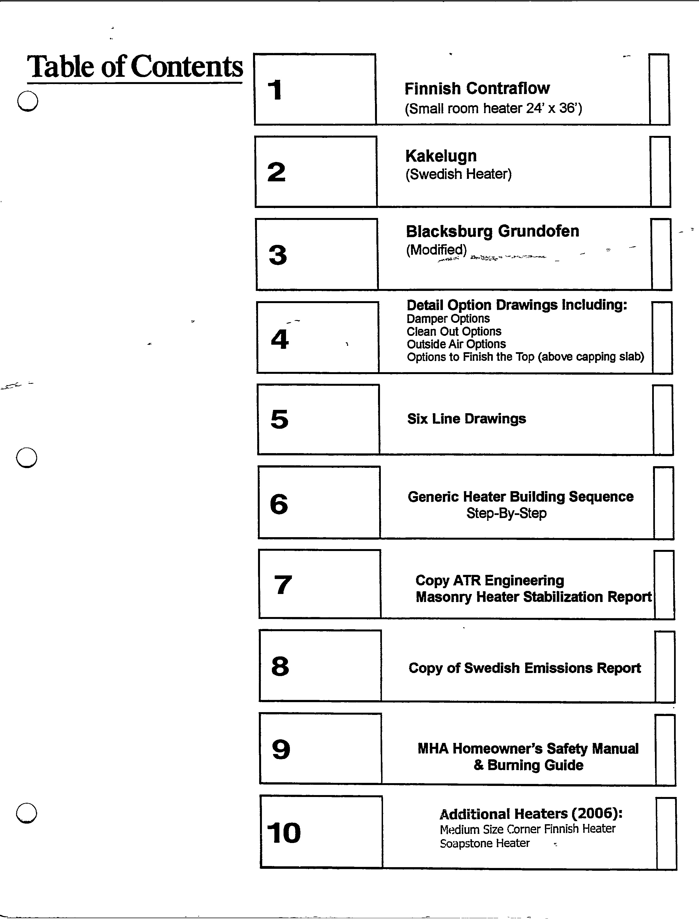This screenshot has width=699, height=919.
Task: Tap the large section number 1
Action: [275, 90]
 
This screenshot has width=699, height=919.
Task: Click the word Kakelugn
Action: [441, 156]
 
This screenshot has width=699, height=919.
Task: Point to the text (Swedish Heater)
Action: [458, 174]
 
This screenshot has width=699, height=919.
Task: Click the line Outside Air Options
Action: [456, 344]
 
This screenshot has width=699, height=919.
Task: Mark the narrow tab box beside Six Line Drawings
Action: [663, 420]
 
